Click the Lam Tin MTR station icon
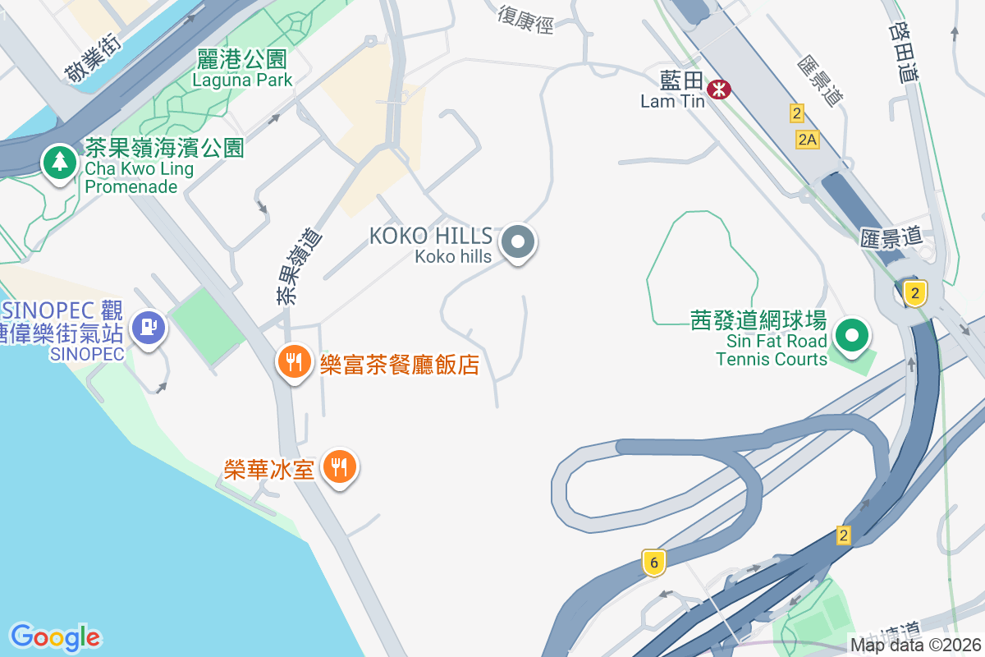pos(720,89)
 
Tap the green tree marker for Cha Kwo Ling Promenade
pos(59,162)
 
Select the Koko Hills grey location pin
pos(518,242)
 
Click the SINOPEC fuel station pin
pos(149,327)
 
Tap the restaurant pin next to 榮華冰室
pos(338,467)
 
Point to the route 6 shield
pos(653,563)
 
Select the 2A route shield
pos(808,140)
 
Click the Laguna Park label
pos(242,80)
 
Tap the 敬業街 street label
pos(92,59)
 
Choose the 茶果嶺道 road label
pos(299,267)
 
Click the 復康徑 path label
pos(525,18)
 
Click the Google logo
pos(55,636)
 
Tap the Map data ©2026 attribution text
pos(916,646)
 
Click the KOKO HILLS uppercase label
pos(431,237)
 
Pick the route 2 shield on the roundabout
pos(915,292)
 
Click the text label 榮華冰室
pos(270,469)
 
